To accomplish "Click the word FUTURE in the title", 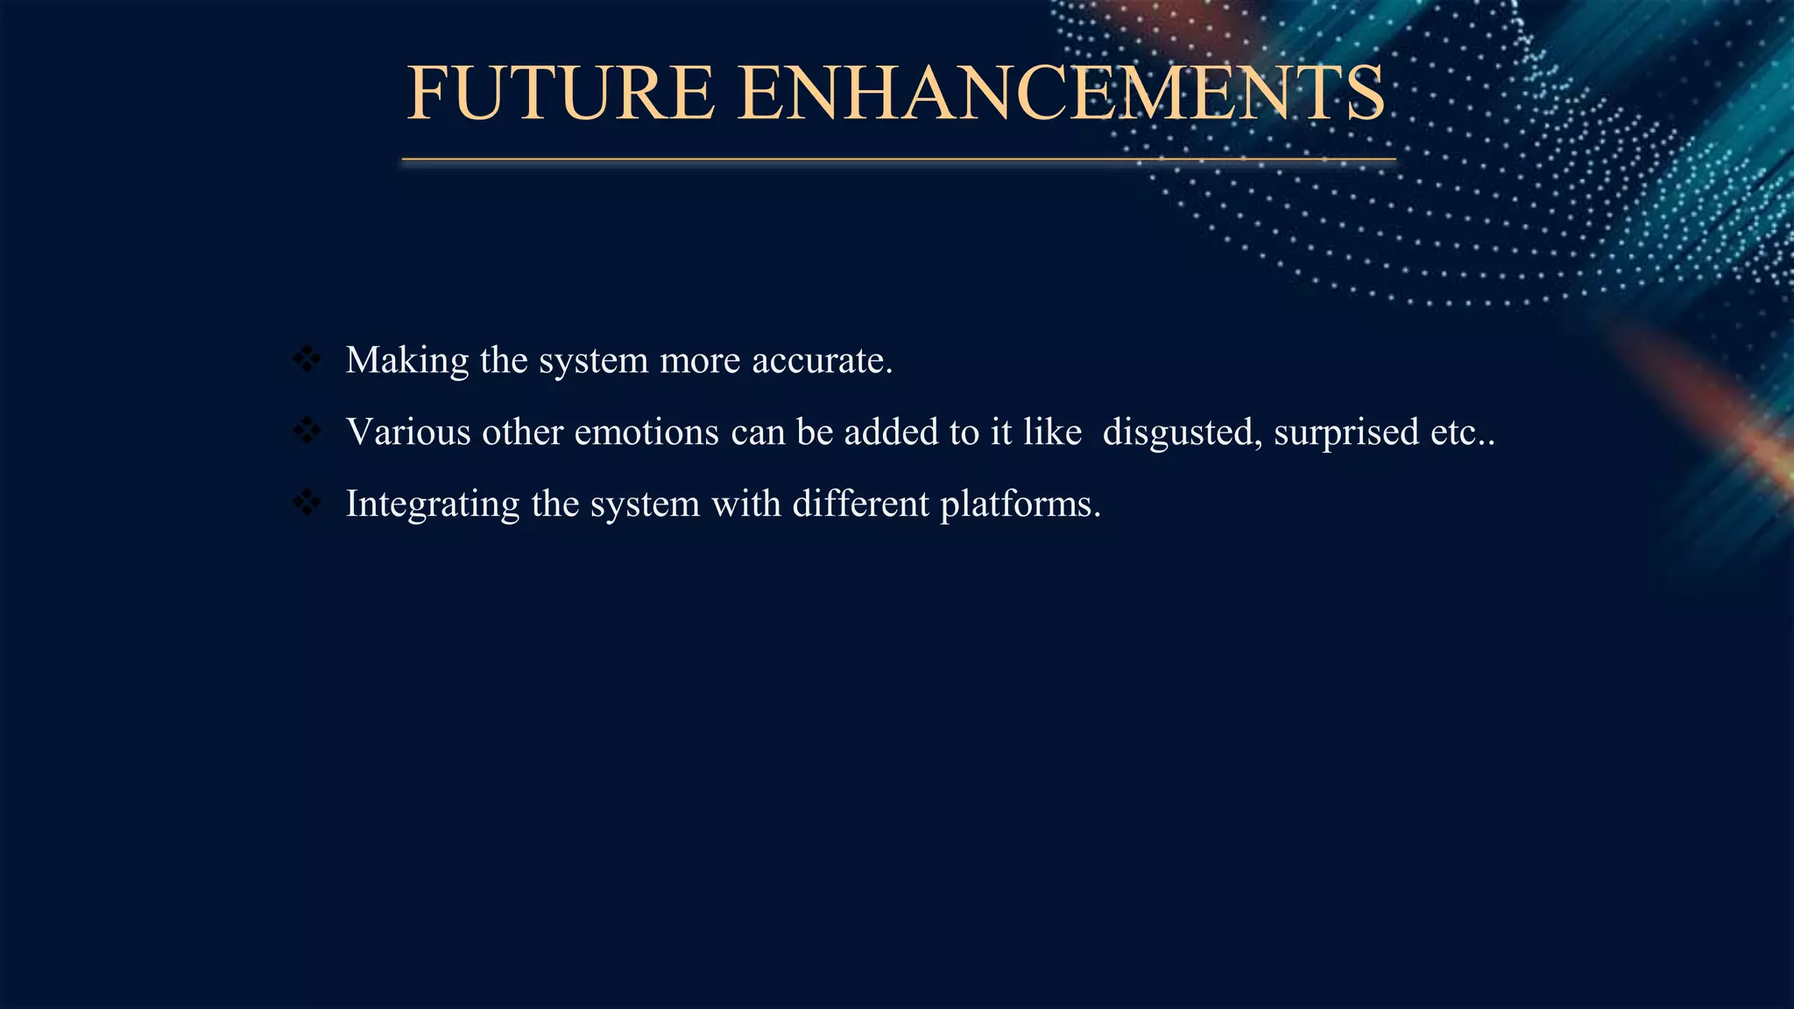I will click(561, 94).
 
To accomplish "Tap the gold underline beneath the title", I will click(898, 159).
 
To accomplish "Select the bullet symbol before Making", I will click(307, 359).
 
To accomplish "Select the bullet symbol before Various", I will click(307, 431).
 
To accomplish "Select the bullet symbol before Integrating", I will click(307, 503).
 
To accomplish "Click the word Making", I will click(407, 361).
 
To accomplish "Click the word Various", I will click(408, 432).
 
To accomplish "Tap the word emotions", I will click(646, 432).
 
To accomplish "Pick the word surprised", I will click(1345, 434).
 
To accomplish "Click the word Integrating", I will click(433, 505).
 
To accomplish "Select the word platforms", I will click(1020, 505).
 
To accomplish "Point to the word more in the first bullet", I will click(700, 361).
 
